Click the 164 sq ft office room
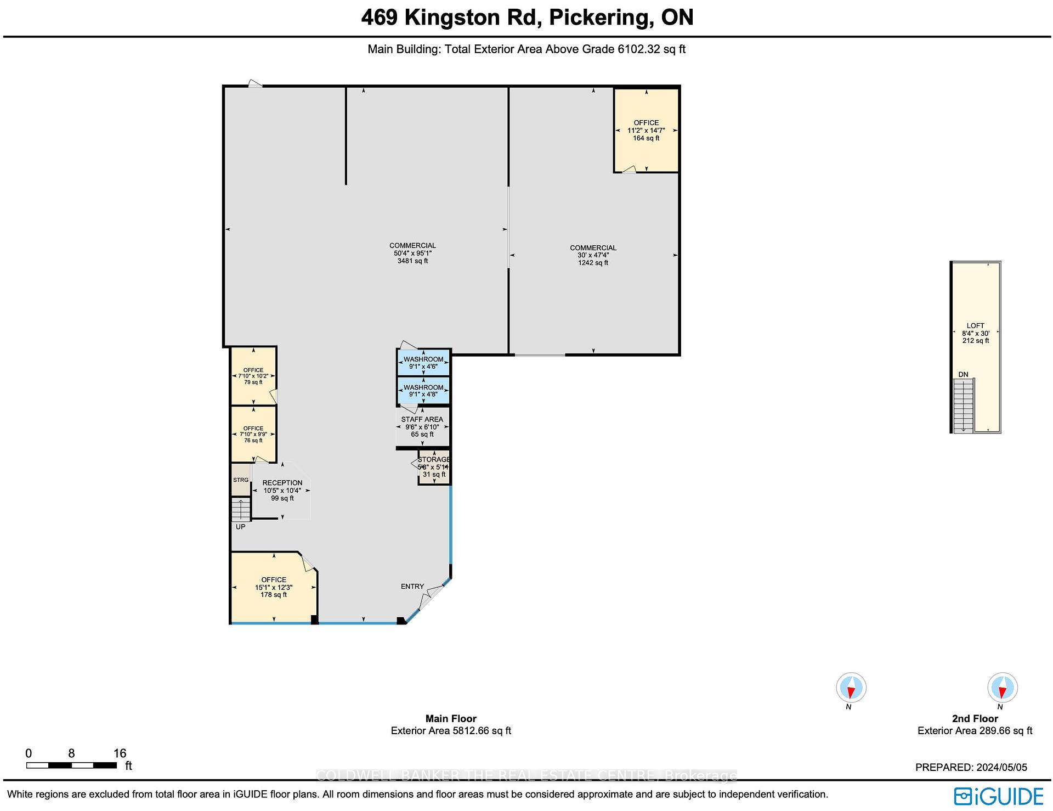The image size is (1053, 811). [646, 131]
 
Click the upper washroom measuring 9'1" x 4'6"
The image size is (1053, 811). [423, 363]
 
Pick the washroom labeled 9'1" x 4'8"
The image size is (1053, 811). [423, 391]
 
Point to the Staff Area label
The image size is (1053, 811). [422, 419]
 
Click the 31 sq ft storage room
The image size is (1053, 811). [434, 468]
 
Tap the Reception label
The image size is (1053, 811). [282, 483]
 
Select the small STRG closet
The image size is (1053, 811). [240, 480]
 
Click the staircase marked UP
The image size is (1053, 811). [240, 510]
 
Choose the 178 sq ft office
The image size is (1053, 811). [273, 587]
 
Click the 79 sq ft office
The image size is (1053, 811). [253, 376]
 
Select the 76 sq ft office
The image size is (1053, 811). [253, 434]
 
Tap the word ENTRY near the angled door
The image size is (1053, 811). [412, 587]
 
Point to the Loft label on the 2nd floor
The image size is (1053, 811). [975, 325]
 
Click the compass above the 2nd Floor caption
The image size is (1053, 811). [1002, 687]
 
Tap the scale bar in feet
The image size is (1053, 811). [71, 765]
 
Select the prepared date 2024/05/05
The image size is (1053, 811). [971, 768]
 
